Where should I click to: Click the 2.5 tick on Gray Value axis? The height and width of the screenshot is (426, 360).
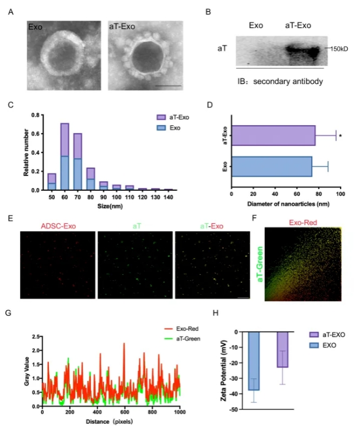click(x=36, y=337)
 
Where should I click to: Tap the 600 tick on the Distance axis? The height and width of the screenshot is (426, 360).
click(x=125, y=412)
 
